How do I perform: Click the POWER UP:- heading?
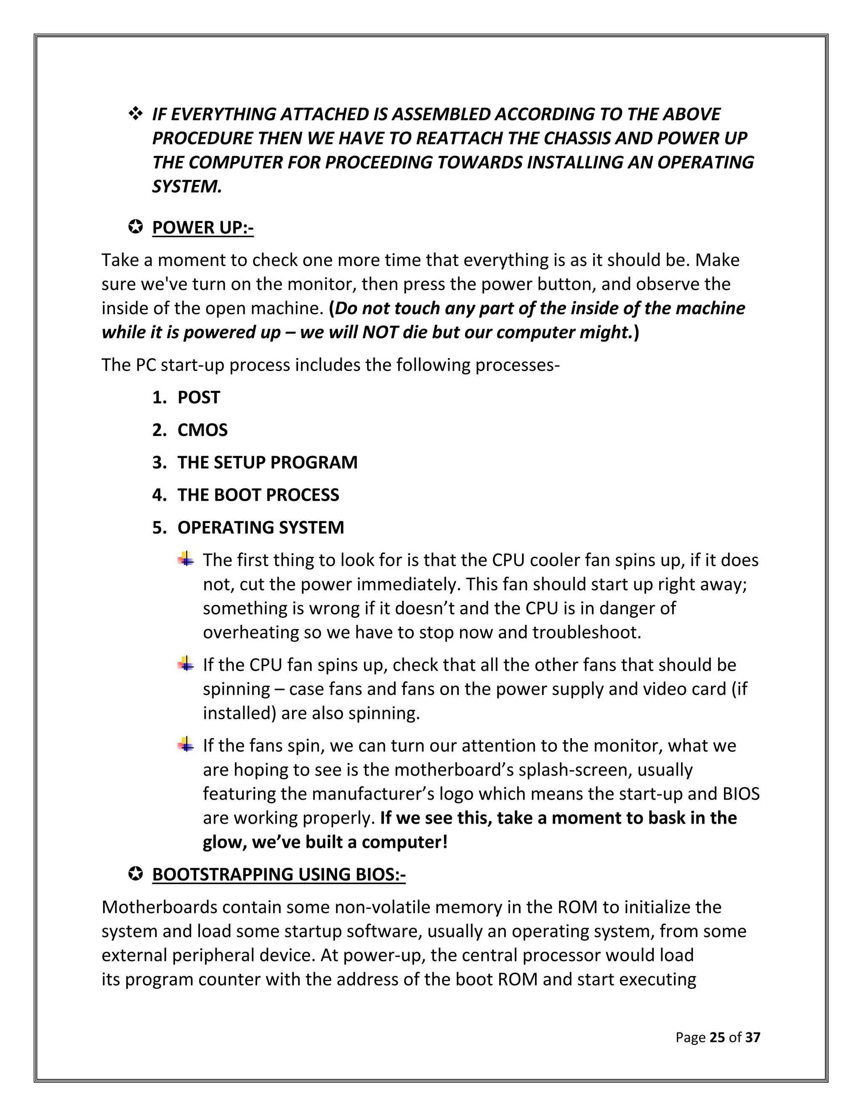203,227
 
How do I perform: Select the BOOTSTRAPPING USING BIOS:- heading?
278,874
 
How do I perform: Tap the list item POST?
198,397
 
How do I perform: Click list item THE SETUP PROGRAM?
267,462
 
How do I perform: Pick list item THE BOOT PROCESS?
258,495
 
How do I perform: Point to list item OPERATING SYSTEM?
261,527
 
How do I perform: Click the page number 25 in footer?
717,1037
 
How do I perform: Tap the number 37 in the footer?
753,1037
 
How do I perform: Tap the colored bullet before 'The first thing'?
186,559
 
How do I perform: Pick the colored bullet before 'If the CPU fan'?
186,664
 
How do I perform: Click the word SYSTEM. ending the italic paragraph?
187,187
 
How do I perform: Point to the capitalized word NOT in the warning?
380,332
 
